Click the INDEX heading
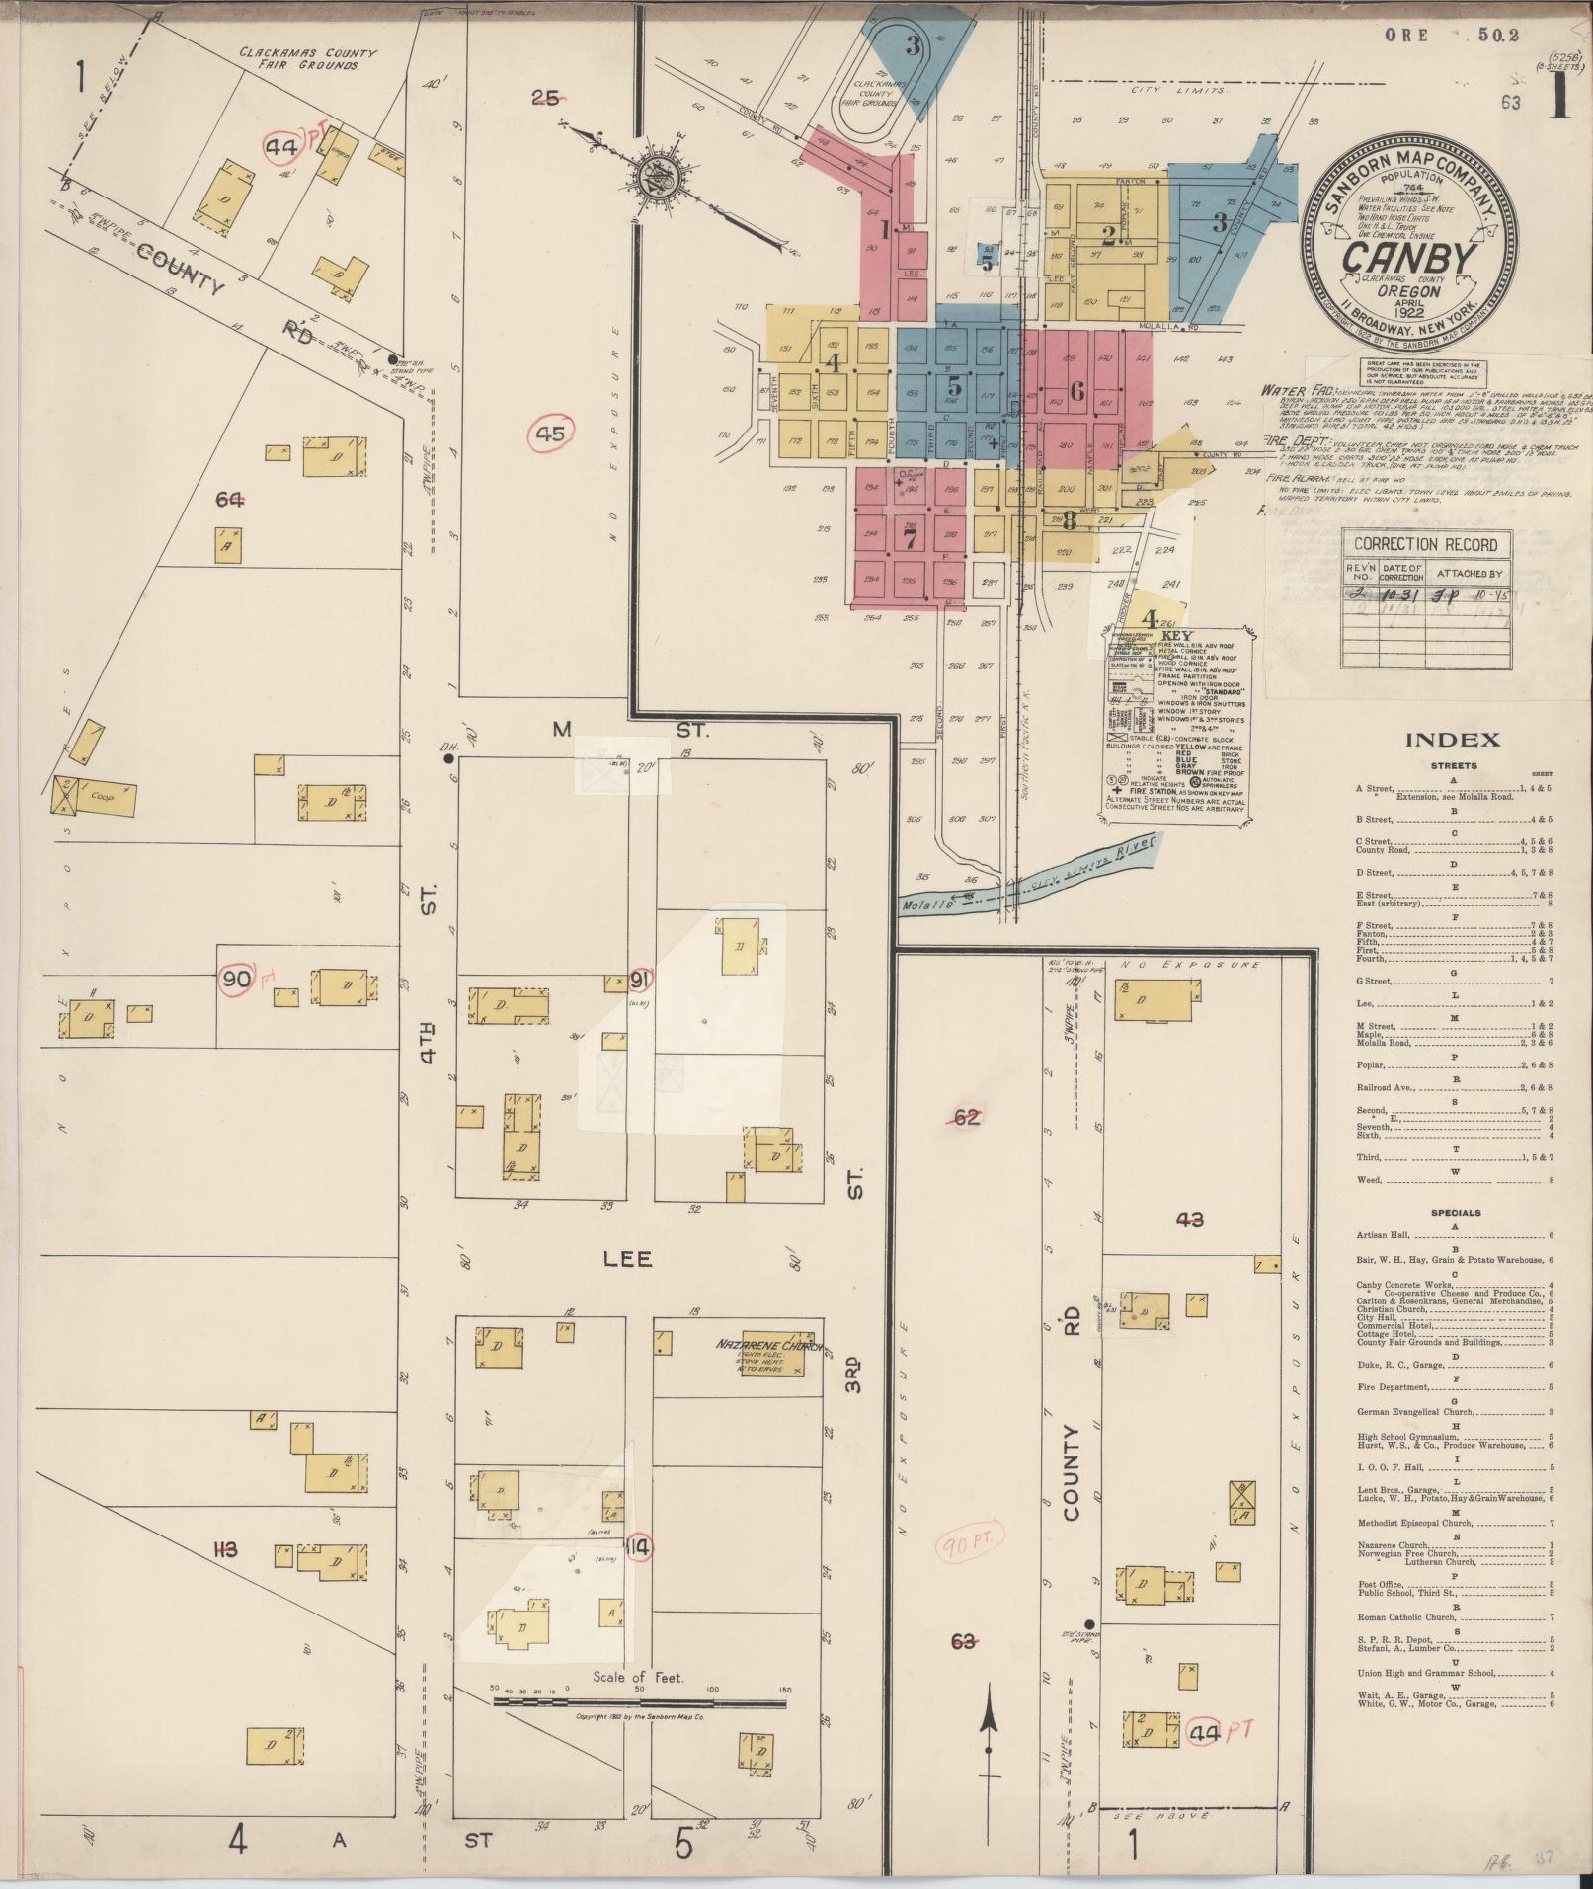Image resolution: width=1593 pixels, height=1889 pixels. [x=1452, y=740]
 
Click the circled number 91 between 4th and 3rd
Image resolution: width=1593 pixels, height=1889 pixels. [x=640, y=981]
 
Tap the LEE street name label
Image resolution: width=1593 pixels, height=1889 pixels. [x=628, y=1260]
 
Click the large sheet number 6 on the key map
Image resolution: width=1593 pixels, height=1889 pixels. [x=1075, y=391]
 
